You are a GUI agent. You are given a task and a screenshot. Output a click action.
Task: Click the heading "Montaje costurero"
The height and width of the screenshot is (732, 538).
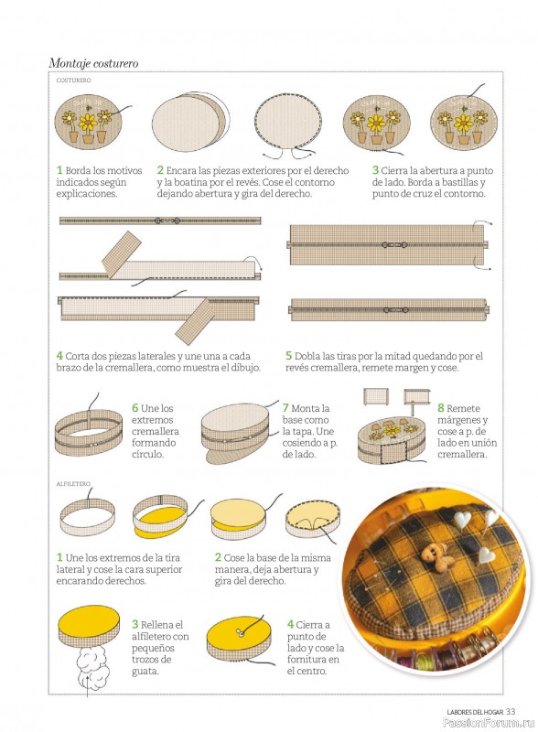(93, 63)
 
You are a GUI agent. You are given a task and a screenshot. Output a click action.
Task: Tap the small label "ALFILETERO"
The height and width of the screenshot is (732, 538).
(73, 484)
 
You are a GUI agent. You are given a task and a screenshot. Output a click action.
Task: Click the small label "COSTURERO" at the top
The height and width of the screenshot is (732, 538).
(73, 81)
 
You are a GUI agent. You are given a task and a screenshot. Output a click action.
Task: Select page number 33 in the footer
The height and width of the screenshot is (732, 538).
(511, 712)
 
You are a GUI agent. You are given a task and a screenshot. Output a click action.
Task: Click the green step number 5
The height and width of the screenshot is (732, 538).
(288, 356)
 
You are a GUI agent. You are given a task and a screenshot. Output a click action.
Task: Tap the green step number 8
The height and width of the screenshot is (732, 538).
(440, 408)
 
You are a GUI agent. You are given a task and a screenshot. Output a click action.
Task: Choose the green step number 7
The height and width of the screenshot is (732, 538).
(285, 408)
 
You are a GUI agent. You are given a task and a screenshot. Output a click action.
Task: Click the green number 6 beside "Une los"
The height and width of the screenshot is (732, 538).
(135, 408)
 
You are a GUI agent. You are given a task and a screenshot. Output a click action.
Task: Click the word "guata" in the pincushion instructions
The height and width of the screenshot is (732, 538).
(145, 672)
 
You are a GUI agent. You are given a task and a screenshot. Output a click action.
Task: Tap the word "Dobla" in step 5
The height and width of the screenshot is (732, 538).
(307, 356)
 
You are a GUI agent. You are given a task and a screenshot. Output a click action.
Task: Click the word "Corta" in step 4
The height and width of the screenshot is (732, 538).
(79, 356)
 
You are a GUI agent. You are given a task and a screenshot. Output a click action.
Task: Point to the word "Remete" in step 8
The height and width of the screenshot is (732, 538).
(463, 408)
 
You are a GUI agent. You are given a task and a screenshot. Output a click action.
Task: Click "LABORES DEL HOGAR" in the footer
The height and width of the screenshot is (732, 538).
(475, 712)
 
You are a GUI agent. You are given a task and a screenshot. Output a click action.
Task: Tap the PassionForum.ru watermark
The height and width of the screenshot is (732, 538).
(488, 723)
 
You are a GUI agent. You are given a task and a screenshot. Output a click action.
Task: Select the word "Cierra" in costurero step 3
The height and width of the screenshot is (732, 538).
(395, 171)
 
